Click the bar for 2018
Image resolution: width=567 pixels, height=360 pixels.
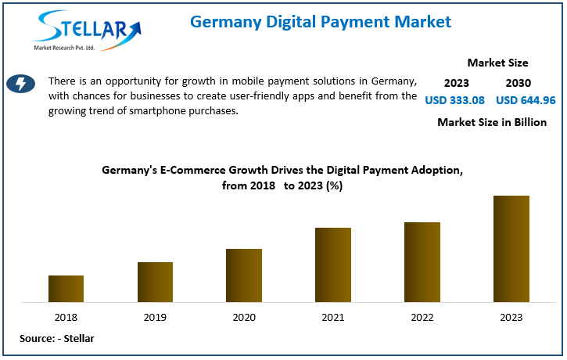coord(66,289)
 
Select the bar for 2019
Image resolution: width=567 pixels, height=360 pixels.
coord(155,282)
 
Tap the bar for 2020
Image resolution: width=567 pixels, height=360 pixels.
coord(244,275)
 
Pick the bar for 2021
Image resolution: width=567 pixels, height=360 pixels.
coord(333,265)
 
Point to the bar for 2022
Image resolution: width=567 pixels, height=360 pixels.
coord(422,262)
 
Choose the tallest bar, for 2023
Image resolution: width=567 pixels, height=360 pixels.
coord(511,249)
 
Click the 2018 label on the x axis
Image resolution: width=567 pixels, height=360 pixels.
coord(66,317)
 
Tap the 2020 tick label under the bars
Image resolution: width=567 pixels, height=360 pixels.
coord(244,317)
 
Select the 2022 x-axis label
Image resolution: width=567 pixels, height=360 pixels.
coord(422,317)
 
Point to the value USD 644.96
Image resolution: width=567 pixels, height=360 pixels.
coord(526,100)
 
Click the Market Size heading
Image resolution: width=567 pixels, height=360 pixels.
coord(497,63)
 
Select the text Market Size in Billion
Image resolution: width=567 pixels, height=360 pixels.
coord(492,122)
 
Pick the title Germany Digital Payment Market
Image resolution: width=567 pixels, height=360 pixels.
coord(321,22)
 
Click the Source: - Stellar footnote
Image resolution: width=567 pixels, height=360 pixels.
coord(56,338)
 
